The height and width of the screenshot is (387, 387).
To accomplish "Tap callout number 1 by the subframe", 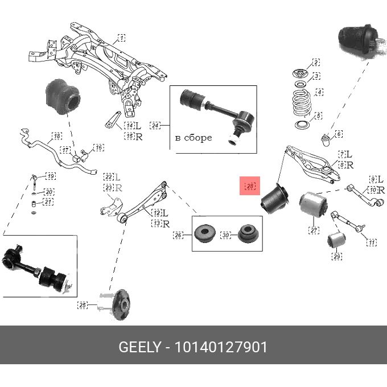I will click(121, 38).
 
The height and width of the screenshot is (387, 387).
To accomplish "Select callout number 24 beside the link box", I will click(155, 125).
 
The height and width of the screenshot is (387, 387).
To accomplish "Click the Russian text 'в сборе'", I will click(193, 138).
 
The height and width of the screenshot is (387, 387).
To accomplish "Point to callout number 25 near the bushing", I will click(83, 306).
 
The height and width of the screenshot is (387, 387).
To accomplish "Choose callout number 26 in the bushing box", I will click(178, 234).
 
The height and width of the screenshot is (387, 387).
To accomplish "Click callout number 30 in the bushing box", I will click(225, 234).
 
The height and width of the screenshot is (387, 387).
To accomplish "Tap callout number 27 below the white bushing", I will click(314, 230).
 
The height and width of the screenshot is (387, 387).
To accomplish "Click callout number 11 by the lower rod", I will click(371, 243).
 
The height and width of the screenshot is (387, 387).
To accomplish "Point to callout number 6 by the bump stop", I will click(339, 134).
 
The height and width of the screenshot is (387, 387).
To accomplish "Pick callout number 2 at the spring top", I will click(316, 63).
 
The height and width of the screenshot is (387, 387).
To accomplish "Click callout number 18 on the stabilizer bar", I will click(56, 137).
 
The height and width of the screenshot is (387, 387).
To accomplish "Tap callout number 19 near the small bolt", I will click(51, 176).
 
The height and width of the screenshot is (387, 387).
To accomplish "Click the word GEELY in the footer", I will click(140, 347).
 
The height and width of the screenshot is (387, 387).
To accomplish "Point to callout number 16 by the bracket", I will click(98, 148).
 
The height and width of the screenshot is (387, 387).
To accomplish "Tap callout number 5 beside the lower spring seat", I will click(319, 116).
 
